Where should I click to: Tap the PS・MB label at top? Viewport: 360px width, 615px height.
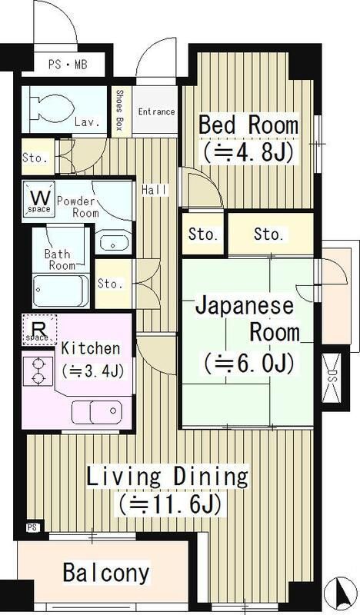(68, 64)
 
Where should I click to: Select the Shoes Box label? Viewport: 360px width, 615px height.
(119, 111)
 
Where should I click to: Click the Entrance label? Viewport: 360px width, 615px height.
(156, 111)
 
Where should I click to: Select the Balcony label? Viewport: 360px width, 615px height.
(106, 573)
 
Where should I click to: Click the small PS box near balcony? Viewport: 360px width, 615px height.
(32, 527)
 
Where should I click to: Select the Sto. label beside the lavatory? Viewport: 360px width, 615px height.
(35, 158)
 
